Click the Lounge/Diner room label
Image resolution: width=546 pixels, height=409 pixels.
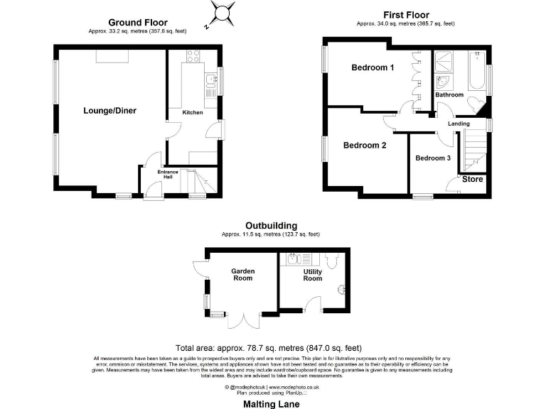[x=109, y=111]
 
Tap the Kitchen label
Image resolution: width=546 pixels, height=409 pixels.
[x=193, y=113]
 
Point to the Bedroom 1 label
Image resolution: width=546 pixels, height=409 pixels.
[x=373, y=68]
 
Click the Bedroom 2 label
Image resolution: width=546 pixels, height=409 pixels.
[x=364, y=146]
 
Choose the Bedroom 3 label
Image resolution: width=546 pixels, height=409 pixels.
[x=433, y=158]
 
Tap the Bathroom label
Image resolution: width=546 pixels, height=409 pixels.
[x=449, y=95]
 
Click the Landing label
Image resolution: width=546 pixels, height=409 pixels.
[x=459, y=124]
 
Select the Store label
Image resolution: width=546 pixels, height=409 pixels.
[x=473, y=180]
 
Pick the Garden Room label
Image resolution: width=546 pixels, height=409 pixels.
[x=242, y=276]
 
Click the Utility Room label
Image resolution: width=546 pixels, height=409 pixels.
[x=312, y=276]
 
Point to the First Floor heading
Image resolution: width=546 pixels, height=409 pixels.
[x=405, y=15]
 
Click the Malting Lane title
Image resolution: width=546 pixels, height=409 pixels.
[x=273, y=403]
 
